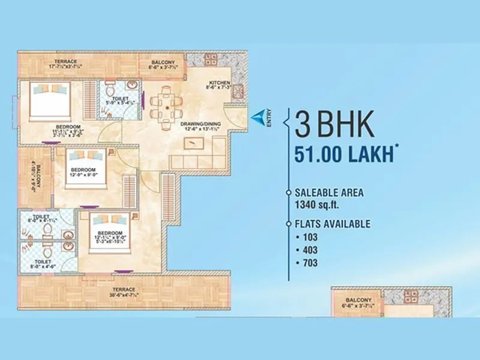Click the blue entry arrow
257,115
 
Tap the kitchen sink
239,91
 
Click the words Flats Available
332,224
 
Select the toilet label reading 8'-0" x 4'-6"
43,265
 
